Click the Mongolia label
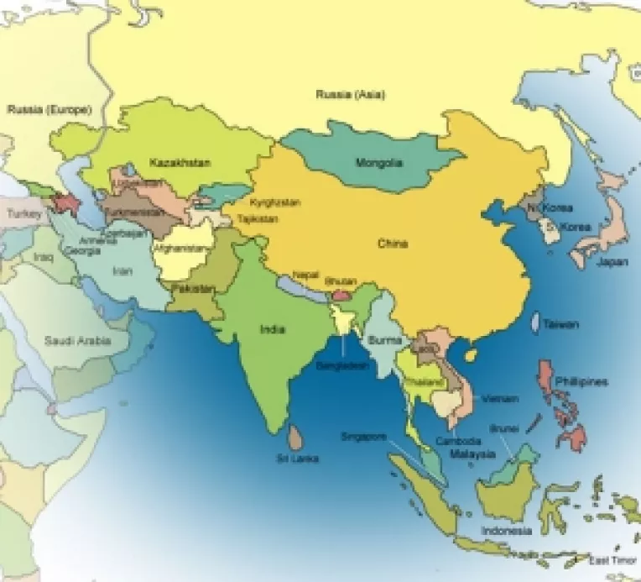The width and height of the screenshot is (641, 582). pyautogui.click(x=379, y=162)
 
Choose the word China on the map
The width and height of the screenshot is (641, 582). pyautogui.click(x=392, y=244)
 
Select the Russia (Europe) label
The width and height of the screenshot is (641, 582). pyautogui.click(x=48, y=109)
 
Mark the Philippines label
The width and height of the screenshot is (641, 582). pyautogui.click(x=581, y=382)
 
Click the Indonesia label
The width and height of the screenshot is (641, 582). pyautogui.click(x=507, y=532)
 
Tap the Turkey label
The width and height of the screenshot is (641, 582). pyautogui.click(x=23, y=214)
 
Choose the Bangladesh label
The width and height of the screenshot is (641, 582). pyautogui.click(x=342, y=367)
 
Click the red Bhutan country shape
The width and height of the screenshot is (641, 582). pyautogui.click(x=341, y=295)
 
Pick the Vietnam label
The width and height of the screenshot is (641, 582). pyautogui.click(x=502, y=398)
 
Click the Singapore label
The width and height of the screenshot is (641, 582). pyautogui.click(x=363, y=437)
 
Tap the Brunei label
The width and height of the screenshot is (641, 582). pyautogui.click(x=503, y=427)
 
